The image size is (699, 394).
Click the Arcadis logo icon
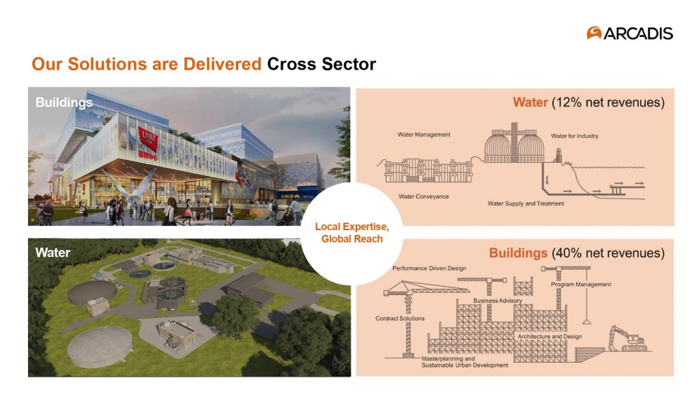[x=594, y=33]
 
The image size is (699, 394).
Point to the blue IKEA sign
[x=289, y=195]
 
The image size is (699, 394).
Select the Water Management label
[x=424, y=135]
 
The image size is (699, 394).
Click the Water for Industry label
[x=575, y=136]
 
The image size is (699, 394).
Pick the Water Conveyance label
[x=423, y=197]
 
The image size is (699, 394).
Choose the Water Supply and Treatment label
[x=526, y=203]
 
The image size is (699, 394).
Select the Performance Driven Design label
[x=429, y=268]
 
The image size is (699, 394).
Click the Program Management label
[x=581, y=284]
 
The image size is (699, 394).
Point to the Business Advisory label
[x=498, y=301]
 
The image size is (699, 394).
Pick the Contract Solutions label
[x=400, y=319]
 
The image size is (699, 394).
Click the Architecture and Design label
[x=550, y=337]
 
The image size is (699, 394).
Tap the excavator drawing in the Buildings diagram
[x=628, y=339]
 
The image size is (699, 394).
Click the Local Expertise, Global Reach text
[x=352, y=233]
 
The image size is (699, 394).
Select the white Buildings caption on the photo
[x=64, y=102]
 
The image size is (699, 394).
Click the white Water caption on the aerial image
[x=53, y=253]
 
